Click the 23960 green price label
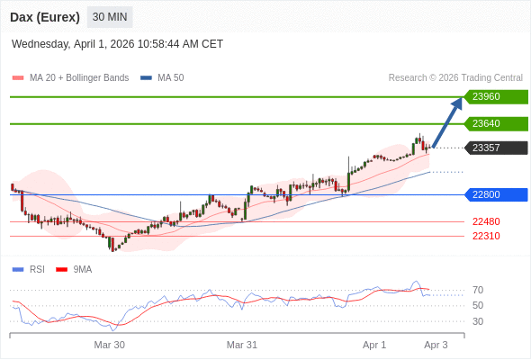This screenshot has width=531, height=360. [x=494, y=97]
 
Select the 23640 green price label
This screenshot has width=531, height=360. [x=494, y=123]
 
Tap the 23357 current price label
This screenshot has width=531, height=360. [x=494, y=148]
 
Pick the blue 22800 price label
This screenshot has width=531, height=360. [x=494, y=194]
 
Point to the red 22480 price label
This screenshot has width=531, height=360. [x=486, y=221]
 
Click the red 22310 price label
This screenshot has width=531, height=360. [x=486, y=236]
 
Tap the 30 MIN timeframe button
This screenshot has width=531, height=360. [x=110, y=17]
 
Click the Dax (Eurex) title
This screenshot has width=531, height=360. [x=45, y=17]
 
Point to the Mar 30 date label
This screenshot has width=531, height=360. [x=109, y=345]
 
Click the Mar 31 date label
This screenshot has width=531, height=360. [x=242, y=345]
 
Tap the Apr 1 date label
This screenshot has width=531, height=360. [x=373, y=345]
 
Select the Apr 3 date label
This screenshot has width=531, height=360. [x=436, y=345]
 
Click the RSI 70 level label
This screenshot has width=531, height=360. [x=477, y=290]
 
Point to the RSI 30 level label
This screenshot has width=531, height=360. [x=477, y=321]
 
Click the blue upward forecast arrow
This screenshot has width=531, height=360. [x=447, y=121]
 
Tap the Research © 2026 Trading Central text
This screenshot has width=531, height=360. [x=455, y=77]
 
